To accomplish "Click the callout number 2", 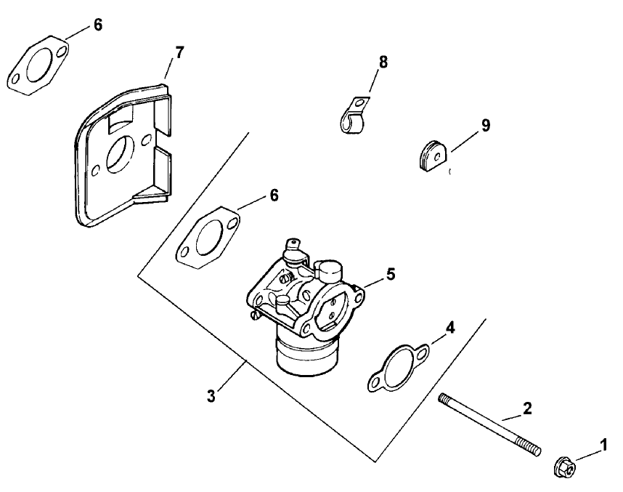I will pos(527,408).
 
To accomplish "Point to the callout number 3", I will pos(211,396).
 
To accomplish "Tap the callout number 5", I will pos(390,274).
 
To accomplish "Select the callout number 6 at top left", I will pos(97,25).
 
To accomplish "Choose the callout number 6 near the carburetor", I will pos(273,195).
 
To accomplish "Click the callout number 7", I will pos(179,52).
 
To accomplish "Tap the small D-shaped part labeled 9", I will pos(433,157).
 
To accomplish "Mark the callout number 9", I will pos(485,125).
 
